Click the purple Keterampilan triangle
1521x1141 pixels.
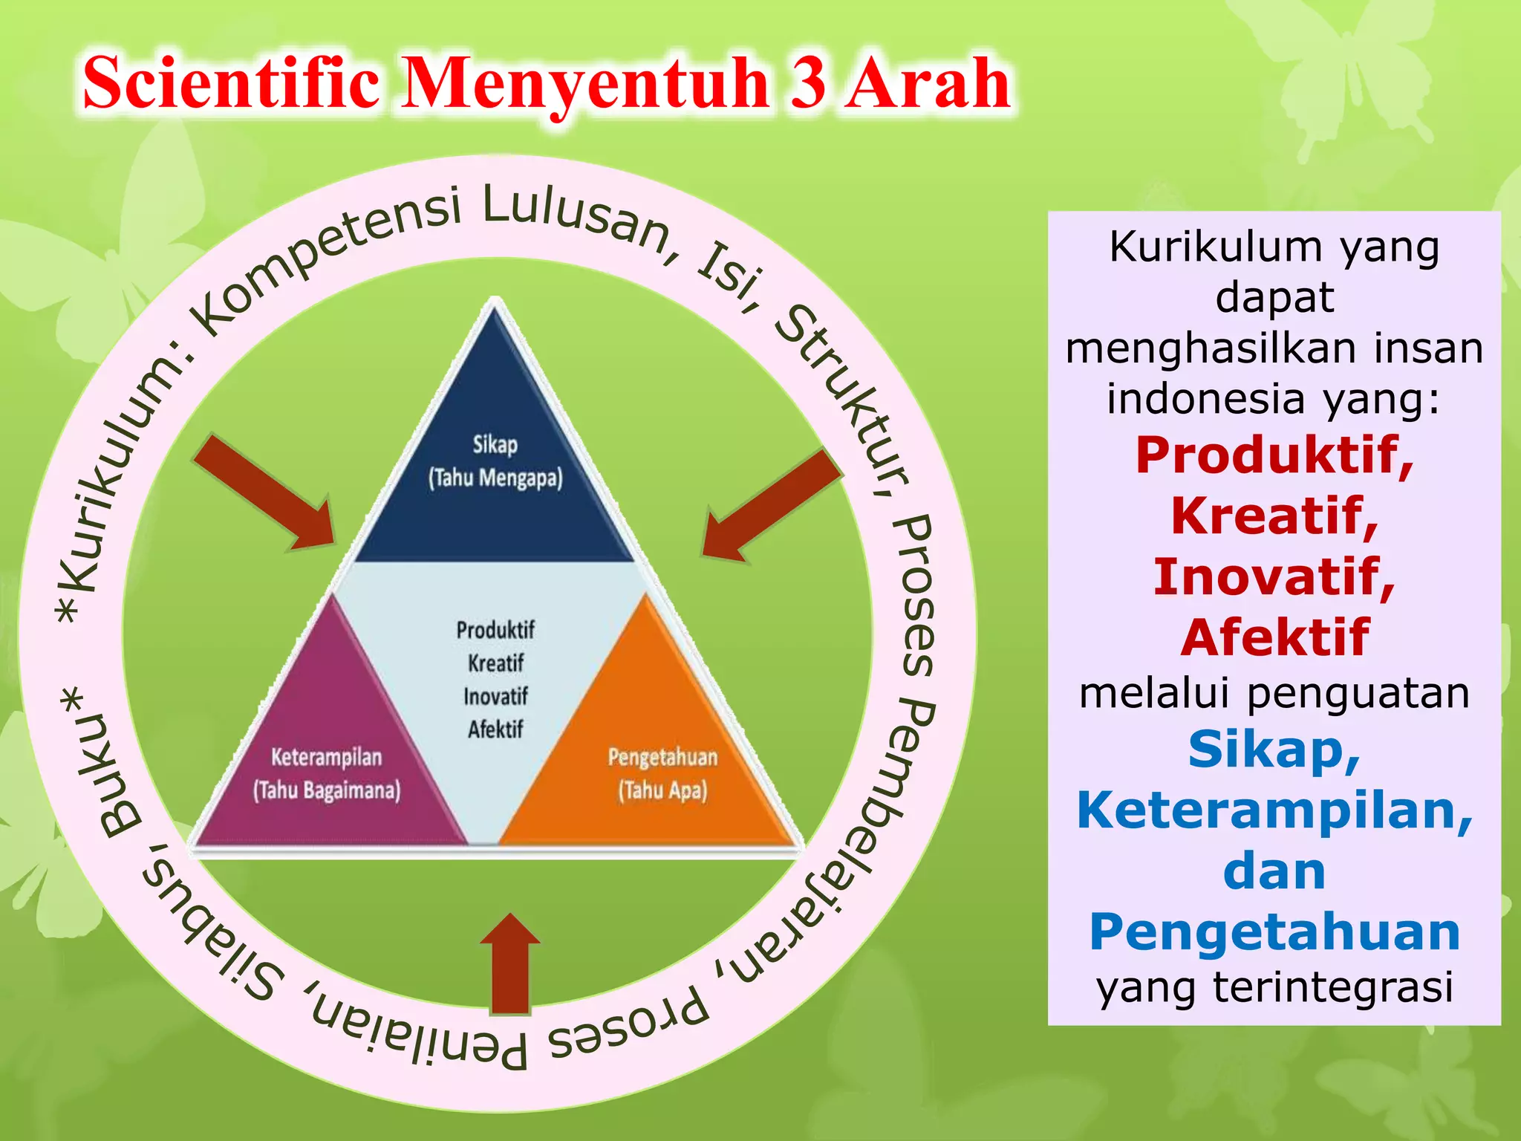(x=327, y=773)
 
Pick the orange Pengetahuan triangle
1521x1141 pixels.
(x=661, y=773)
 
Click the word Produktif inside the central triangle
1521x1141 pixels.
(x=495, y=630)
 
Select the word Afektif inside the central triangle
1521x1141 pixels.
(x=495, y=729)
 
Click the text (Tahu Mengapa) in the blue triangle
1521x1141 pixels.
(x=495, y=478)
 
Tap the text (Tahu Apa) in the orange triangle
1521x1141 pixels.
(x=662, y=790)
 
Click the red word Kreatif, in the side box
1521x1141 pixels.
(x=1274, y=516)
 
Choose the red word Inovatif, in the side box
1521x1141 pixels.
(x=1274, y=576)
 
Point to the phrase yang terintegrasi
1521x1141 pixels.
(x=1274, y=988)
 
